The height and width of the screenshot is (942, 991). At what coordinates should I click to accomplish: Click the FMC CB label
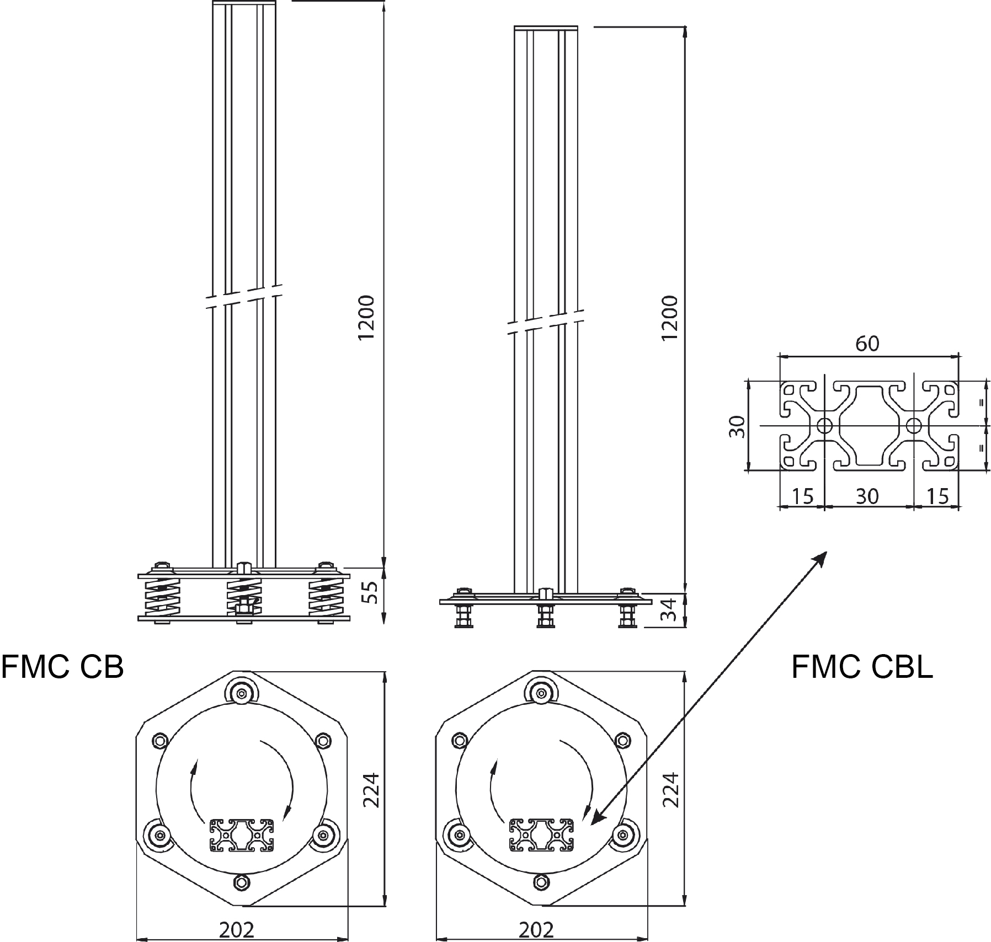(x=62, y=667)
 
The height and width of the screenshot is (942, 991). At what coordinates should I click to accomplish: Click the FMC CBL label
(x=862, y=667)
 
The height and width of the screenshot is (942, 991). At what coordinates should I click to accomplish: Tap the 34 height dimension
(x=670, y=609)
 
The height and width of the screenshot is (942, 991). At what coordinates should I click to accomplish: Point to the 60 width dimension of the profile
(x=867, y=344)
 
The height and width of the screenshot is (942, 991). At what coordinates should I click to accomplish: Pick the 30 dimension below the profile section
(x=867, y=496)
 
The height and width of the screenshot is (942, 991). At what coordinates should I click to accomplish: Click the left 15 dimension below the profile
(x=802, y=496)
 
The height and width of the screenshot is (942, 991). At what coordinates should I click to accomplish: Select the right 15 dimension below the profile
(x=937, y=496)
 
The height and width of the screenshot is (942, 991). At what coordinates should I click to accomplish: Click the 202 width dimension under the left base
(x=237, y=930)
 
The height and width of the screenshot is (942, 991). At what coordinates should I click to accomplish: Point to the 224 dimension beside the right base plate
(x=670, y=790)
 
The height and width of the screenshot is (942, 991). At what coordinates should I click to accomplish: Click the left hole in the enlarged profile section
(x=824, y=425)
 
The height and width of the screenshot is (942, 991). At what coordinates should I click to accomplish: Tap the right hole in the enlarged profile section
(x=914, y=425)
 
